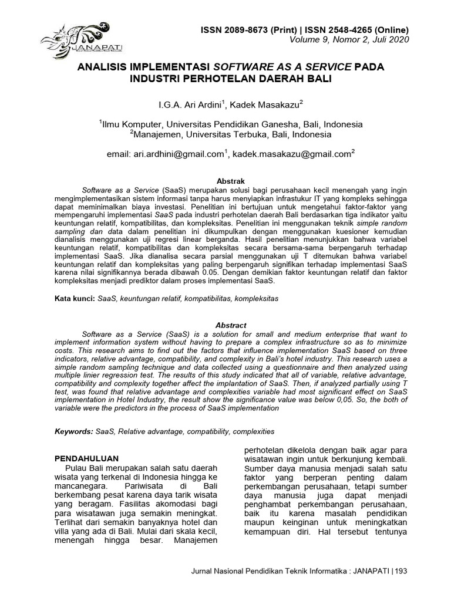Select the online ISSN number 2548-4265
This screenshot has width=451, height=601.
coord(345,30)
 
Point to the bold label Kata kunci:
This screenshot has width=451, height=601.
coord(75,299)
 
